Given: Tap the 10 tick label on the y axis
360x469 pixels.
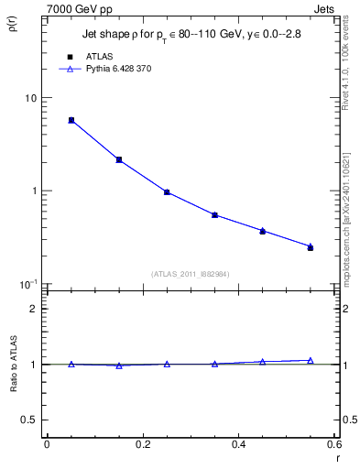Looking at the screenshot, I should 30,99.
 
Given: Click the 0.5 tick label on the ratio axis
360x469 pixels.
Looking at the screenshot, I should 29,420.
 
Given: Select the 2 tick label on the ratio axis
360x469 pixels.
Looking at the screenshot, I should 34,309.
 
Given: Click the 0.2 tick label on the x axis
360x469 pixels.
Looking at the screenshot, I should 142,445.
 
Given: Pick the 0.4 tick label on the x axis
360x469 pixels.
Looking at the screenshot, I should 238,445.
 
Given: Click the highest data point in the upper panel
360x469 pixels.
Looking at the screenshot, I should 71,120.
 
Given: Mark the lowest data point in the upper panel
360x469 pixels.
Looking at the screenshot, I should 311,247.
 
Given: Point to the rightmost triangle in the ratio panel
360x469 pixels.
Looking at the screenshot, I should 311,361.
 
